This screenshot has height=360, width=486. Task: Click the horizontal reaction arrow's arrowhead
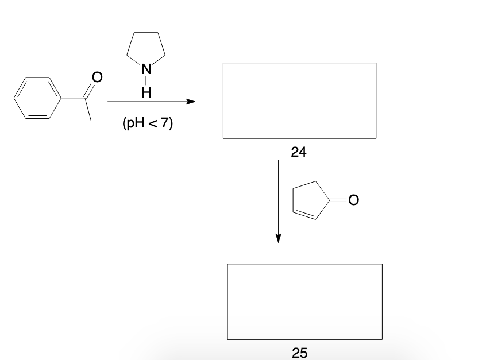[x=191, y=102]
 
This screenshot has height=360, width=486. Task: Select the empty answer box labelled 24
[x=299, y=100]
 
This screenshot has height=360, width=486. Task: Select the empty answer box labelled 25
[x=304, y=301]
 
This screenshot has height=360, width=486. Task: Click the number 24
[x=299, y=152]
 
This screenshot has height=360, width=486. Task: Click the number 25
[x=299, y=353]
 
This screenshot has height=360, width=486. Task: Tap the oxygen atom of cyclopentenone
[x=353, y=200]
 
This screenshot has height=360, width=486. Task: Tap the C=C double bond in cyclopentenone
[x=306, y=215]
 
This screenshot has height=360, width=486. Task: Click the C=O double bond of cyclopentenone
[x=340, y=200]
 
